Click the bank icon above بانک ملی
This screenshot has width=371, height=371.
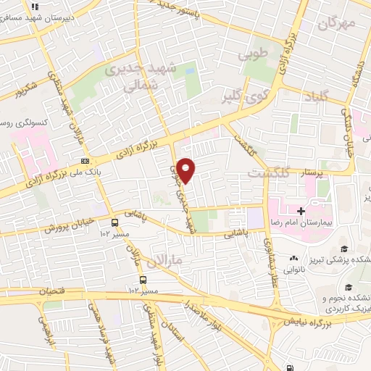tap(86, 161)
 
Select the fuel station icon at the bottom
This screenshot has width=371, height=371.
tap(291, 349)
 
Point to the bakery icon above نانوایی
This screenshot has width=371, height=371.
tap(294, 258)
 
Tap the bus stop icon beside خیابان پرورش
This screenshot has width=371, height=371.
tap(115, 222)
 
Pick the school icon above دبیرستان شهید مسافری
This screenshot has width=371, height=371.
tap(34, 7)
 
